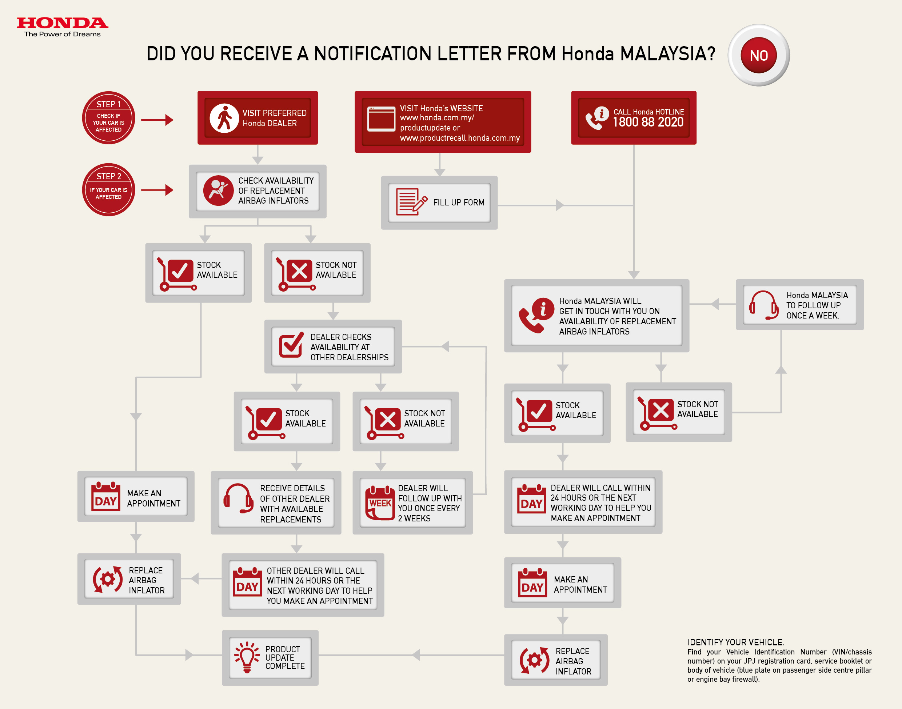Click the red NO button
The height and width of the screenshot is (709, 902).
758,55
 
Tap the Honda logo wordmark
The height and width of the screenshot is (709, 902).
62,23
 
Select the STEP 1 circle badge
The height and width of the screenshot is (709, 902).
108,118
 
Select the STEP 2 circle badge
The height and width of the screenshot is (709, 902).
108,190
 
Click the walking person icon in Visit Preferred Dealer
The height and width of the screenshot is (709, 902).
224,118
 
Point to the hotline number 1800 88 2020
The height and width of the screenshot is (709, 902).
648,122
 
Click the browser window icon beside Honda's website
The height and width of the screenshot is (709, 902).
381,119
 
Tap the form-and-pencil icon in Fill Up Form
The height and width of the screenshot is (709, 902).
411,202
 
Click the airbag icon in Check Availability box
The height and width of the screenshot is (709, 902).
218,191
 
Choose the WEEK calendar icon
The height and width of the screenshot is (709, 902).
380,502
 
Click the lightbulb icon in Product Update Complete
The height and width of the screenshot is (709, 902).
247,657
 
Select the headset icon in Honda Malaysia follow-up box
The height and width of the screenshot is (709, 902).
763,305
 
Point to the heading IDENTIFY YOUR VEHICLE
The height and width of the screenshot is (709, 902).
735,642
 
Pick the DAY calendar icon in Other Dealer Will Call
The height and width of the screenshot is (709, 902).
247,582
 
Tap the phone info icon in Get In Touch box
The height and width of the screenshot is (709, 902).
536,316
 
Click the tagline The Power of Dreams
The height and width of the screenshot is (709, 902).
62,35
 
